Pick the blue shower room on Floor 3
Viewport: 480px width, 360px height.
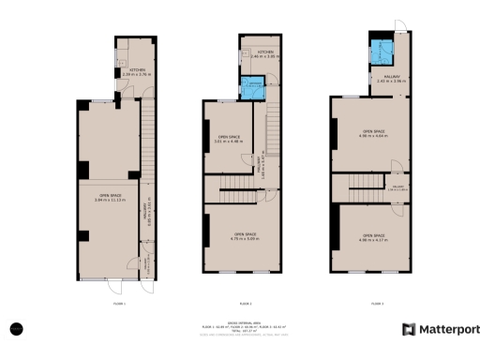coord(382,52)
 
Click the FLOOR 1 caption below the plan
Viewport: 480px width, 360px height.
coord(119,304)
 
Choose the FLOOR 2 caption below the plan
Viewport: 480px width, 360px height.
coord(245,304)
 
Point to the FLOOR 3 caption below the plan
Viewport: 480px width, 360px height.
coord(375,304)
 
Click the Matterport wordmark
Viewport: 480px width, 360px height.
coord(448,329)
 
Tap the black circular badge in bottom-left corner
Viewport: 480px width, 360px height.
coord(17,328)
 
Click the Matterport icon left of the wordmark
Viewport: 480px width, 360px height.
coord(409,329)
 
